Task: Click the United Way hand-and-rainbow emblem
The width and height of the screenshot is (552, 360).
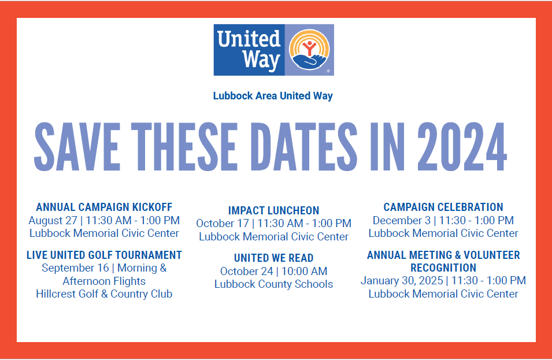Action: pyautogui.click(x=310, y=50)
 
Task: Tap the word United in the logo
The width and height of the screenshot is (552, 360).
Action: pyautogui.click(x=249, y=39)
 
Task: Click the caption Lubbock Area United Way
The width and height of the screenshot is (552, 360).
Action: pyautogui.click(x=273, y=96)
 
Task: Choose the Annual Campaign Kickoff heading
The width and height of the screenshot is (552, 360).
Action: pyautogui.click(x=104, y=207)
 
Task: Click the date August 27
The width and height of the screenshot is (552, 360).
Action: pyautogui.click(x=53, y=220)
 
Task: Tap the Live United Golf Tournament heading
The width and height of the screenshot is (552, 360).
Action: pyautogui.click(x=104, y=255)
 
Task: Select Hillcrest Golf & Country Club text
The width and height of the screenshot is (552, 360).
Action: pyautogui.click(x=104, y=294)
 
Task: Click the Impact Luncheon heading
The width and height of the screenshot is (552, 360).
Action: pyautogui.click(x=273, y=210)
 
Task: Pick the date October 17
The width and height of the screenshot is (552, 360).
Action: pyautogui.click(x=222, y=224)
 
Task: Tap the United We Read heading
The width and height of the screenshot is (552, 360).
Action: pyautogui.click(x=273, y=258)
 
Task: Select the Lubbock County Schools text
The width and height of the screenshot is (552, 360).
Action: pyautogui.click(x=273, y=284)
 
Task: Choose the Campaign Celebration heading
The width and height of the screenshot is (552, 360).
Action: pyautogui.click(x=443, y=207)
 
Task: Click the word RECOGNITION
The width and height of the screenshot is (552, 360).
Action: pyautogui.click(x=443, y=268)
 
